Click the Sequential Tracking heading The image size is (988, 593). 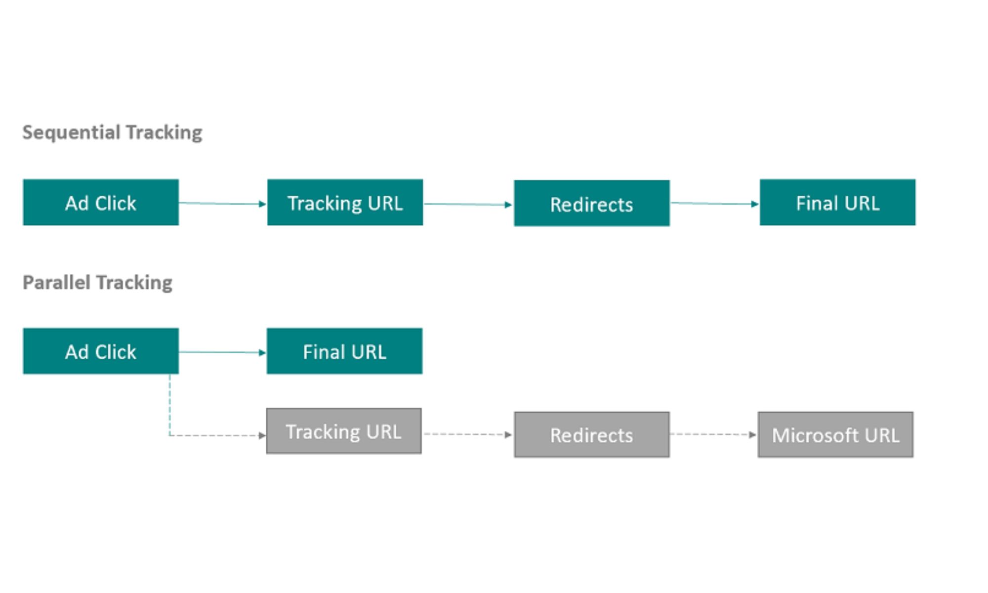click(112, 132)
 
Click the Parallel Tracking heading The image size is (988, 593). click(97, 283)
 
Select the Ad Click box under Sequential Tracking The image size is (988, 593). click(101, 203)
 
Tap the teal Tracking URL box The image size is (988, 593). click(345, 203)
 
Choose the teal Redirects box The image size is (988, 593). click(591, 204)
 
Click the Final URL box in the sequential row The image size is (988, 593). click(837, 203)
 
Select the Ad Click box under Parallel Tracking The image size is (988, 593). click(101, 351)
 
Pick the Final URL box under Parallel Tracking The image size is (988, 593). click(344, 351)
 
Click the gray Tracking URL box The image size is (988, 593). click(344, 431)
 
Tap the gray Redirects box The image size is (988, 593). click(591, 435)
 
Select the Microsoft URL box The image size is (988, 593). click(835, 435)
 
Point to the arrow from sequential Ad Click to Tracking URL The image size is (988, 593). click(222, 203)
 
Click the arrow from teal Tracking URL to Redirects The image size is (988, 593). click(468, 204)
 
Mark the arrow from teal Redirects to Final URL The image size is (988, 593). click(714, 203)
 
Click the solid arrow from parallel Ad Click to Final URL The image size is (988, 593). click(222, 352)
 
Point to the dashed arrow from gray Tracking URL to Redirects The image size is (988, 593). click(467, 434)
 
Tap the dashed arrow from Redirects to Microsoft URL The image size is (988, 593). click(713, 434)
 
